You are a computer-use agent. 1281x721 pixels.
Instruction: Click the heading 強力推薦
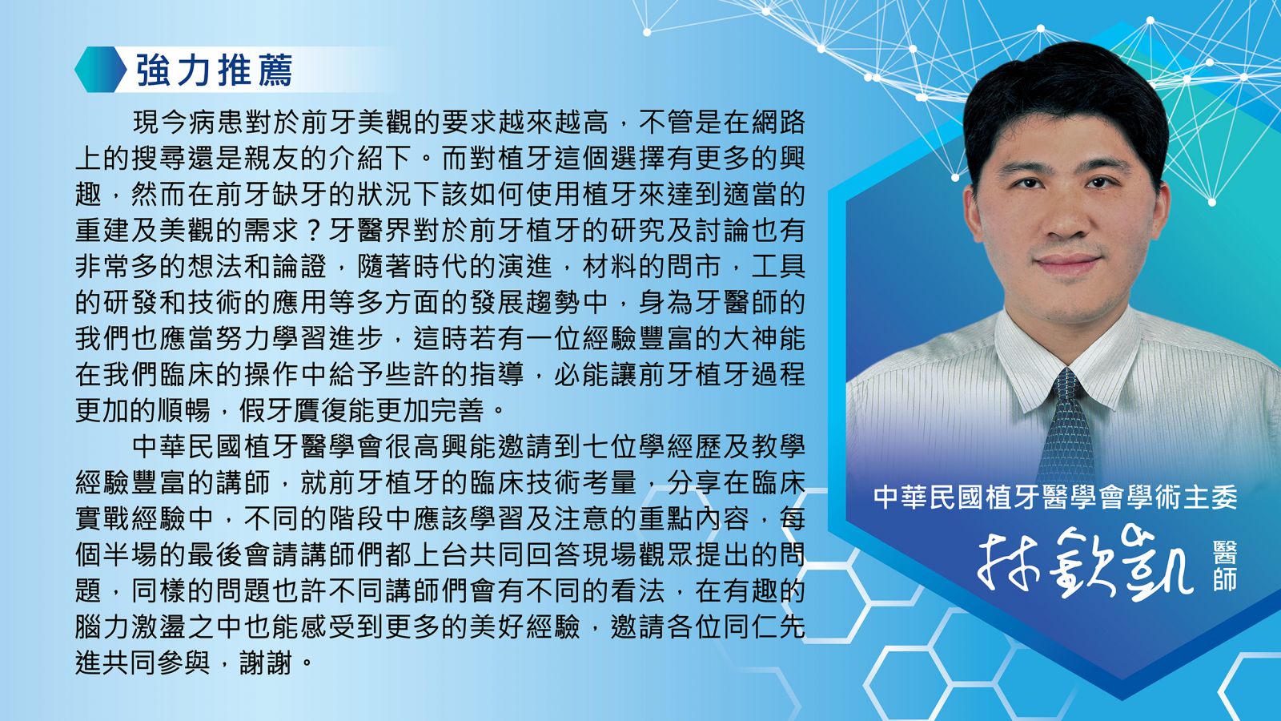(x=215, y=70)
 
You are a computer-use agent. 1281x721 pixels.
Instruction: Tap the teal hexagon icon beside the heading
(x=100, y=69)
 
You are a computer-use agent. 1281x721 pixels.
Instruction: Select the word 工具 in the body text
(x=777, y=267)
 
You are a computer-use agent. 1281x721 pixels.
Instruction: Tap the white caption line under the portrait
(x=1055, y=497)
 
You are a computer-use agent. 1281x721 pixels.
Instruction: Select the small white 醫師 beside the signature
(x=1224, y=566)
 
